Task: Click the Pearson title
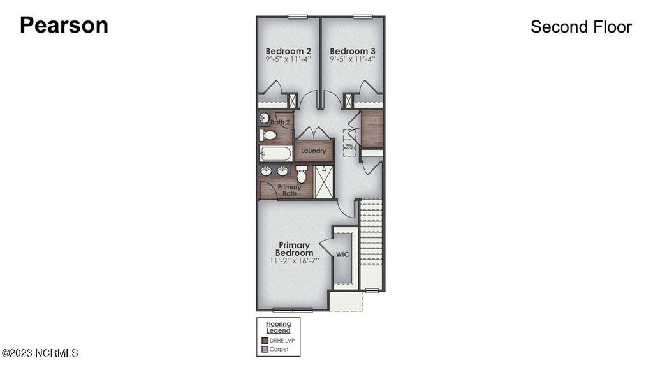[64, 26]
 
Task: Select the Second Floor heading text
[581, 27]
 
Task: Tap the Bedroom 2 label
[288, 51]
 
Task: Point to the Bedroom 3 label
[352, 51]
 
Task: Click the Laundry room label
[314, 151]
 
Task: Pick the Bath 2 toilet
[268, 135]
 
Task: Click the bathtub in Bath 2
[275, 154]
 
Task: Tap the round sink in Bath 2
[265, 117]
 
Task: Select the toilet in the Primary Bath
[302, 175]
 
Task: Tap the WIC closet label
[342, 255]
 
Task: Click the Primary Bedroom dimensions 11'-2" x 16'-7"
[294, 260]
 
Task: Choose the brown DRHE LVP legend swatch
[265, 341]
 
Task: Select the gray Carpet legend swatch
[265, 349]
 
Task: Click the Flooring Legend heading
[278, 327]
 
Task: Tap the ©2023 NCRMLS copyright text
[40, 353]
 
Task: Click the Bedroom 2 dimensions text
[288, 59]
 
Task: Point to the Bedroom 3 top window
[362, 17]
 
